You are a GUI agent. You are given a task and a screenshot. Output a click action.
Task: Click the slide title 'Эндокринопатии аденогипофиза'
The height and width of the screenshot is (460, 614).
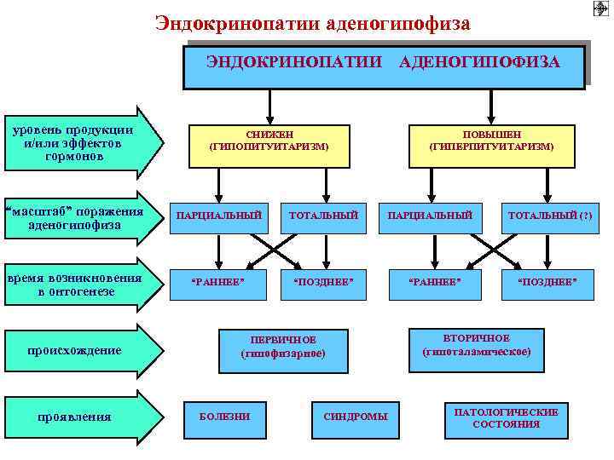(312, 23)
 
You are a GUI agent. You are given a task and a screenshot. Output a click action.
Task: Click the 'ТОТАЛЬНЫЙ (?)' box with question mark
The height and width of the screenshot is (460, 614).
(549, 216)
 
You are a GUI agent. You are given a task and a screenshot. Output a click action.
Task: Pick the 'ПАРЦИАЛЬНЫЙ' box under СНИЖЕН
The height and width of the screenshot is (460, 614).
(218, 216)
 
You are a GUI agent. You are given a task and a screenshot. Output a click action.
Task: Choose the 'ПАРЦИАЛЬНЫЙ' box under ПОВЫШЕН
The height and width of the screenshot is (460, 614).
(430, 216)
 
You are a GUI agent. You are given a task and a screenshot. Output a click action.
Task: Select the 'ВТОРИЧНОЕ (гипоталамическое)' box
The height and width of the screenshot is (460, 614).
(476, 345)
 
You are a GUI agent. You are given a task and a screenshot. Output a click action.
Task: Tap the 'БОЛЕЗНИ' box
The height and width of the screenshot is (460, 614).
(224, 417)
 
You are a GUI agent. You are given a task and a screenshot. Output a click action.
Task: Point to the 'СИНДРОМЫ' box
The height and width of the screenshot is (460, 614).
(355, 417)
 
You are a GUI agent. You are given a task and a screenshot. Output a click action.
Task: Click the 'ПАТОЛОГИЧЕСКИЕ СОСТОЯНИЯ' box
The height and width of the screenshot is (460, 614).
(506, 417)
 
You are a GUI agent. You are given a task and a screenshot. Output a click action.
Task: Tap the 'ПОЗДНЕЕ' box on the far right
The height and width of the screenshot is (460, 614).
(549, 282)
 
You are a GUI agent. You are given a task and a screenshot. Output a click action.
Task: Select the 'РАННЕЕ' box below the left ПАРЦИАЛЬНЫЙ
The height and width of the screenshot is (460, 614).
(218, 282)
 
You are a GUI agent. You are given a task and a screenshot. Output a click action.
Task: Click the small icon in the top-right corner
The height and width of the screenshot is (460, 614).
(599, 9)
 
